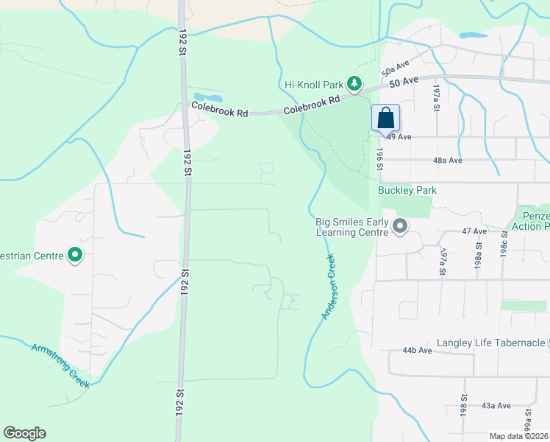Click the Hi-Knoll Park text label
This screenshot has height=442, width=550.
tap(315, 85)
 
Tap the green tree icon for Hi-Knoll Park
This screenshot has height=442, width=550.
tap(355, 85)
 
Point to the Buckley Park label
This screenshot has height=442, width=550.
tap(407, 190)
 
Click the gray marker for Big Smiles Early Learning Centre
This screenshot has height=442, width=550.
tap(400, 225)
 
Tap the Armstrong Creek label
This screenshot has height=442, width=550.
tap(60, 365)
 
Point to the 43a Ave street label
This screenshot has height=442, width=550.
tap(496, 405)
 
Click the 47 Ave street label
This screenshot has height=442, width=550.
tap(475, 231)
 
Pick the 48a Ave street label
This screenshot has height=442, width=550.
tap(448, 160)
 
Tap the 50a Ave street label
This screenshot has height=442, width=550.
tap(395, 69)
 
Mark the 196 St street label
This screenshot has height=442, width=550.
tap(380, 158)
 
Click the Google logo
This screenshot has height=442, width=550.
tap(24, 433)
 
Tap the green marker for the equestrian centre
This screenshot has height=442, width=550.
tap(75, 256)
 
